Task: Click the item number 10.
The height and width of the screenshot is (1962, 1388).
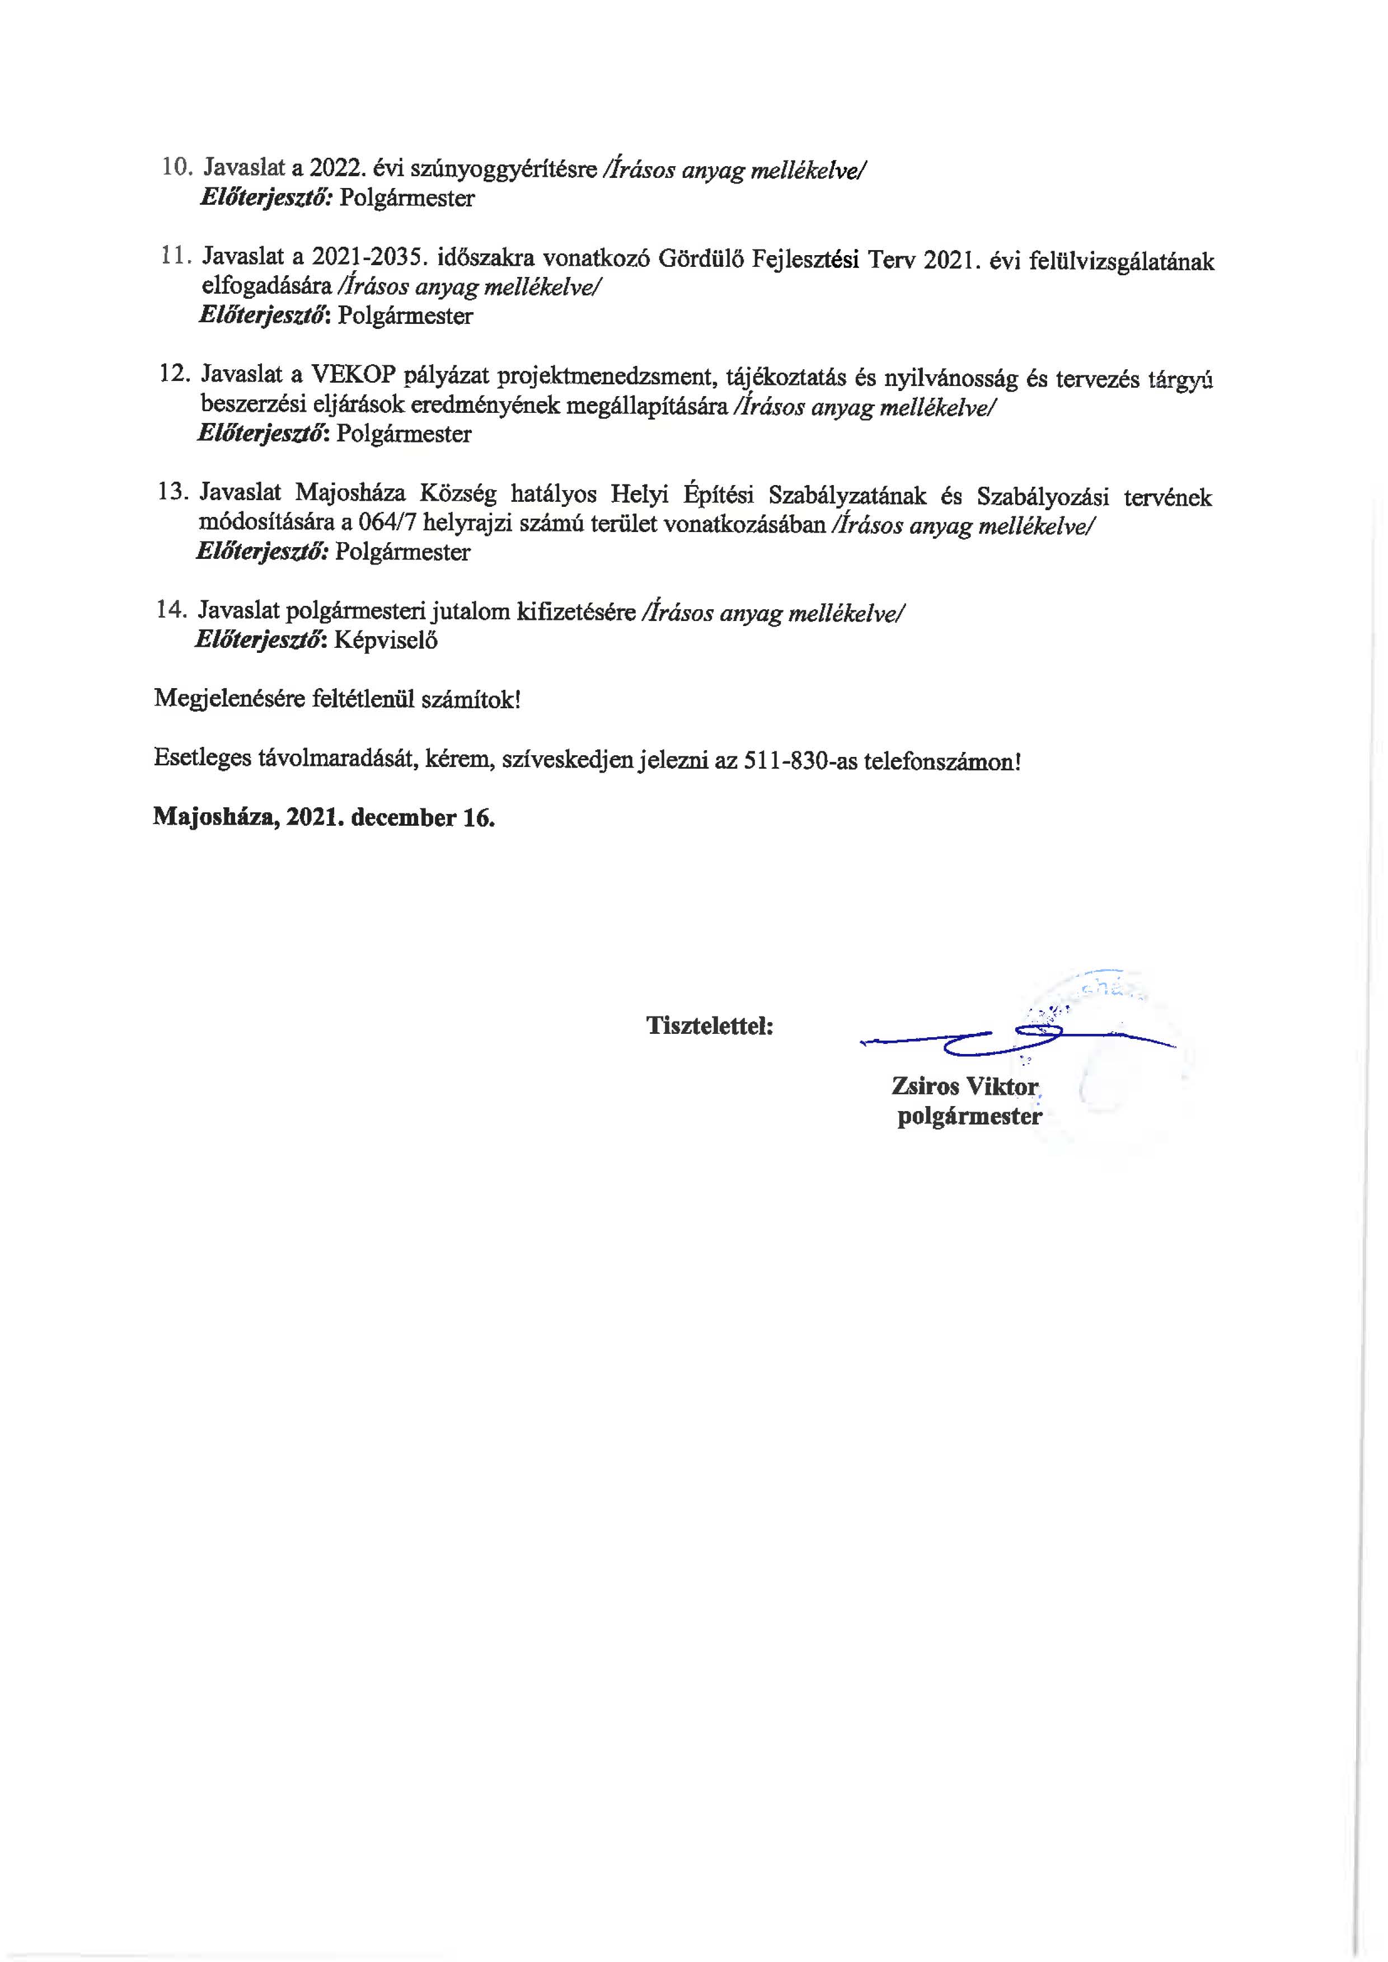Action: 176,167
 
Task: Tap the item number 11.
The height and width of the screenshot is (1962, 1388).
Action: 175,256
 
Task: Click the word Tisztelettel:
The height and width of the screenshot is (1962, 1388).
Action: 709,1025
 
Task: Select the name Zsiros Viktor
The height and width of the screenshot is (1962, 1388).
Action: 964,1086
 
